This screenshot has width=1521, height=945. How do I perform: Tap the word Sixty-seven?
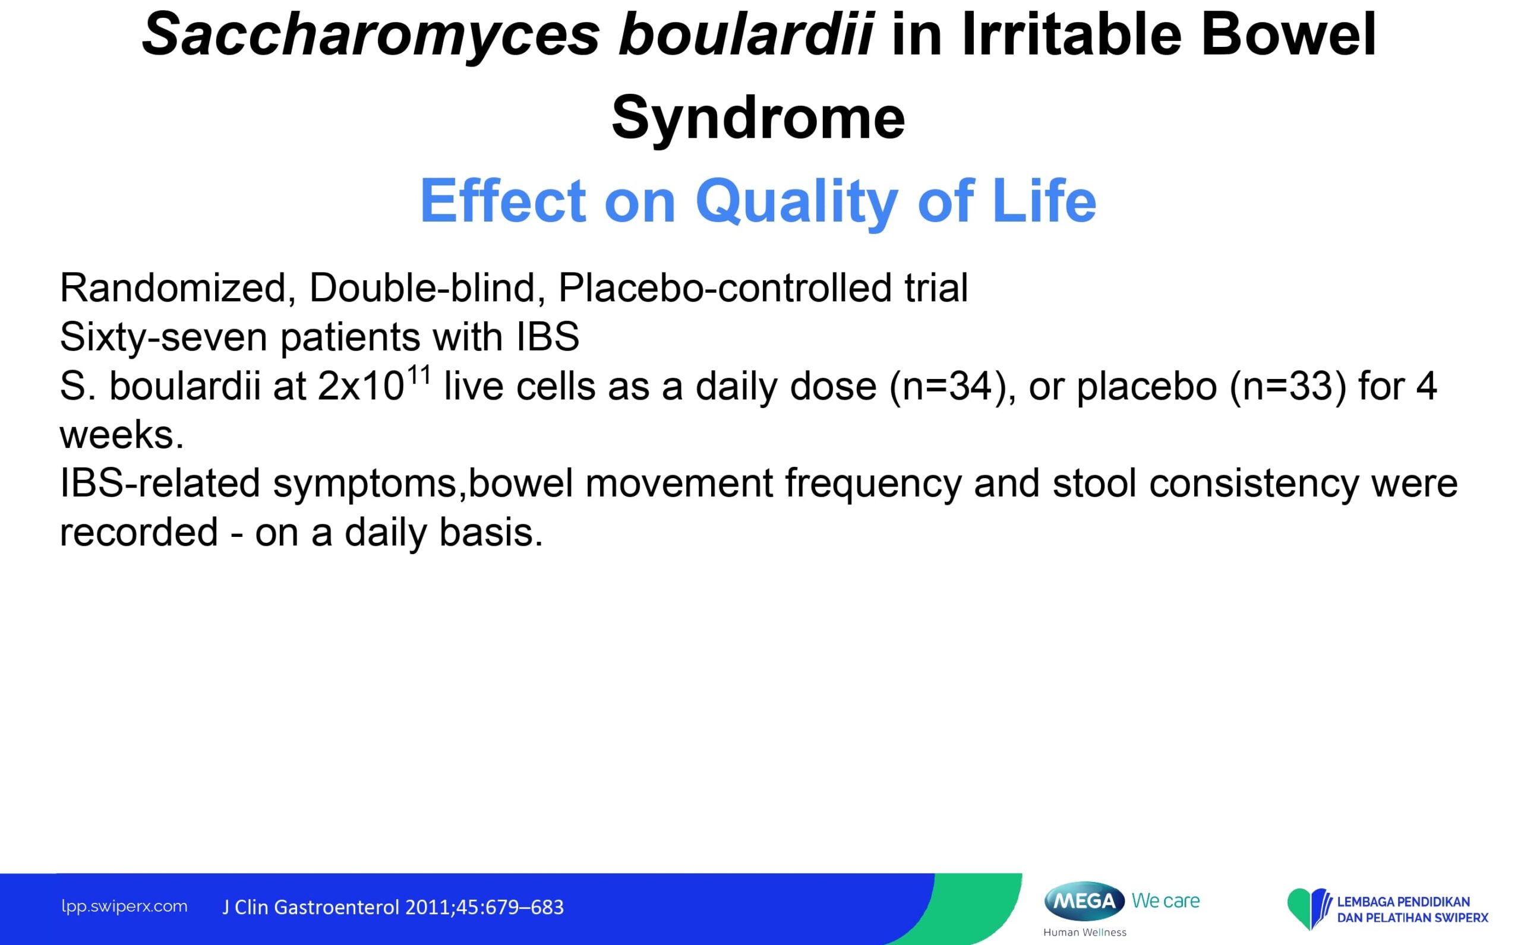coord(164,338)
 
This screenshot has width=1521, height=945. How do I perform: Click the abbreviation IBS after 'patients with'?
coord(548,337)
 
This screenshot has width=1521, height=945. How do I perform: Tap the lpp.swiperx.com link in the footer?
coord(124,907)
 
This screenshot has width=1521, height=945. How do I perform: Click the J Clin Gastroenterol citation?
coord(393,907)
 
